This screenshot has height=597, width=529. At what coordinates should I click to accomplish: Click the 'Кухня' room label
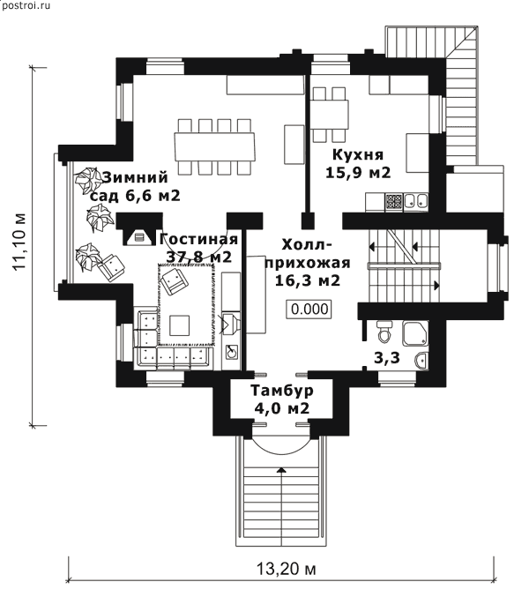point(358,155)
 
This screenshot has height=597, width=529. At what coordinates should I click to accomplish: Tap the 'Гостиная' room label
point(198,240)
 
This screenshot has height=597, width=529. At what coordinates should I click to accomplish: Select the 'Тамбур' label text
point(282,391)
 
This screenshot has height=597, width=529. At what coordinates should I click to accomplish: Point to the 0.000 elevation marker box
point(309,309)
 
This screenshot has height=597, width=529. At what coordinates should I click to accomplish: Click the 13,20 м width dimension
point(287,569)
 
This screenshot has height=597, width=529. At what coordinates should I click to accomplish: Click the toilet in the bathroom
point(384,331)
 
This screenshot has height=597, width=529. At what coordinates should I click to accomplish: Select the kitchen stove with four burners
point(394,202)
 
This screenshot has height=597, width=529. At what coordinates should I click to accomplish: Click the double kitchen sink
point(416,201)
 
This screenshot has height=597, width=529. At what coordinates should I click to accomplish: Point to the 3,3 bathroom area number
point(387,358)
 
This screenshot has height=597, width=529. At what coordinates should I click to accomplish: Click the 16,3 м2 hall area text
point(308,280)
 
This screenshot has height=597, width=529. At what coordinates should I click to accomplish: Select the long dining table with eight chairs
point(214,146)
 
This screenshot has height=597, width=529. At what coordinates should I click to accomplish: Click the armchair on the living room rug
point(174,280)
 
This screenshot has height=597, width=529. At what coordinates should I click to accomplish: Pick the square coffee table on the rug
point(180,325)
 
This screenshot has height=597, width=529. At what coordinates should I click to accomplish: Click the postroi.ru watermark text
point(26,5)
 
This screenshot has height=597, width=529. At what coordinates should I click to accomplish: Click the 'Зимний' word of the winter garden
point(135,178)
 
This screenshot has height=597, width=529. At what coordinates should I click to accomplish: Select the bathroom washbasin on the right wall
point(422,360)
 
